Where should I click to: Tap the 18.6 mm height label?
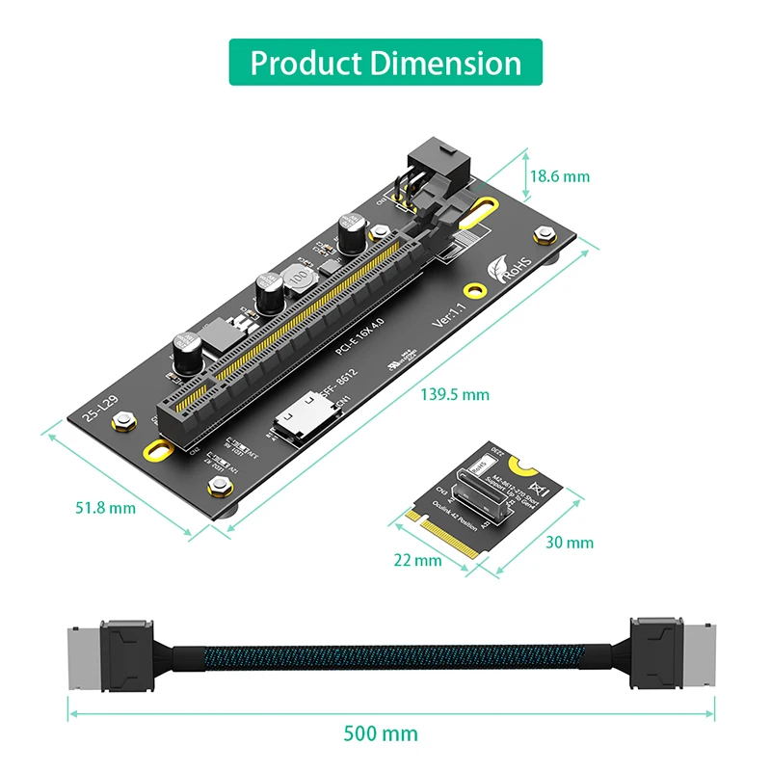pos(559,176)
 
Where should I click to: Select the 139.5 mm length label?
pos(455,394)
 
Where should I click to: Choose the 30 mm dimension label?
pos(569,543)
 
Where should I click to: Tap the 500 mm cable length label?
pos(382,733)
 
